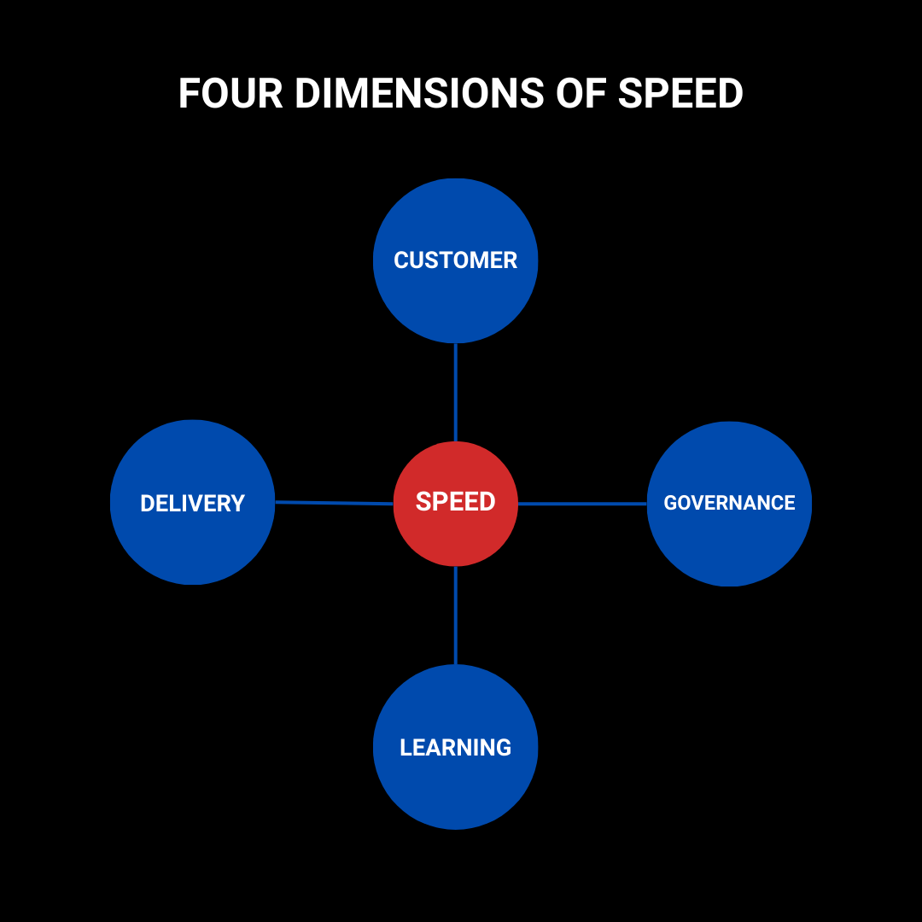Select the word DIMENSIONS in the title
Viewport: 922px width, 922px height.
pos(418,93)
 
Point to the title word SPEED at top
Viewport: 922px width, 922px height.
pos(680,93)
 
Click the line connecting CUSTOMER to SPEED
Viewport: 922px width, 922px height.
pos(456,393)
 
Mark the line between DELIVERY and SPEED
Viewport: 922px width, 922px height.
pos(334,503)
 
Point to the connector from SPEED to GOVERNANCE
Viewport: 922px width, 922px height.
pos(582,504)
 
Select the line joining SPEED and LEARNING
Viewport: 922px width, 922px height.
pos(456,615)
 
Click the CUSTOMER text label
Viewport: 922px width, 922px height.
pos(456,260)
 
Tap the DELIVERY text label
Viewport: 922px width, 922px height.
pos(193,504)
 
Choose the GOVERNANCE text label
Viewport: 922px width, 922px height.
pos(729,503)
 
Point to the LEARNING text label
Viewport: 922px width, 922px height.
pos(456,748)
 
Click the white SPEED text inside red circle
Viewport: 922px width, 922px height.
pos(456,501)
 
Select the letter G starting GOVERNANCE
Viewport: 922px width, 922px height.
pos(670,503)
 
